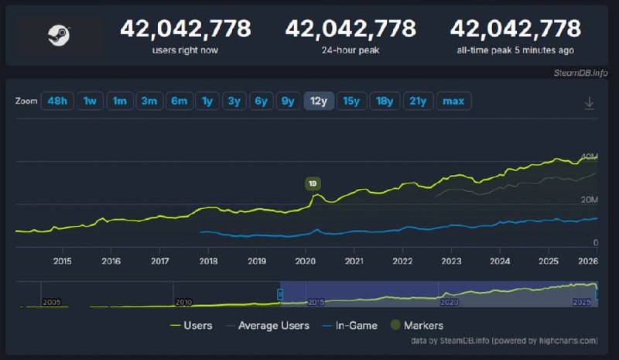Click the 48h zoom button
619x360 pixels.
[x=57, y=101]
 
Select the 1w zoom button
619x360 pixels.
[x=91, y=101]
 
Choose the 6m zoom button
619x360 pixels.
[x=179, y=101]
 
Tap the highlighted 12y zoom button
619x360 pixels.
[x=319, y=101]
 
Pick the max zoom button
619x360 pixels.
[x=453, y=101]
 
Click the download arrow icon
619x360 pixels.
[x=589, y=102]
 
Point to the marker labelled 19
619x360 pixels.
[x=313, y=183]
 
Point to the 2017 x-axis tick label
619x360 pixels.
[x=159, y=261]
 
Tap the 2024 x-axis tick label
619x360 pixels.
[x=500, y=261]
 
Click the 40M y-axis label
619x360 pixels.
[x=589, y=156]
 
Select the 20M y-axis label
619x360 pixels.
[x=589, y=200]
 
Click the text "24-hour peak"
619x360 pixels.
[x=351, y=50]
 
